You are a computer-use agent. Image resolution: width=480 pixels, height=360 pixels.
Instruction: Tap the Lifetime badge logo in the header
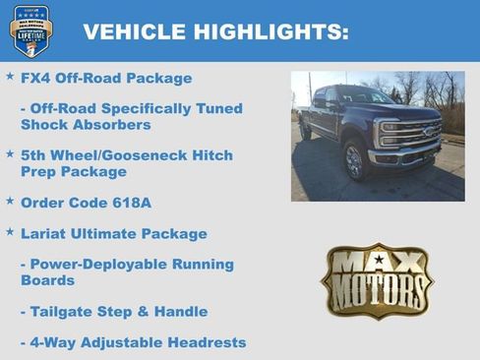(30, 30)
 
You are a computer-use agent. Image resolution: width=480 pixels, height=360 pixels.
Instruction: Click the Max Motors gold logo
(377, 280)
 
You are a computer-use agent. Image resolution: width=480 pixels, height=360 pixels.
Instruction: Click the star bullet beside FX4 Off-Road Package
(10, 76)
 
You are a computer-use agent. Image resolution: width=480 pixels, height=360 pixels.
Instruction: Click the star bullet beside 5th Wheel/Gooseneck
(10, 154)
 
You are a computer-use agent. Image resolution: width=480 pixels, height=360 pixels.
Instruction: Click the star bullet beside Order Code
(10, 201)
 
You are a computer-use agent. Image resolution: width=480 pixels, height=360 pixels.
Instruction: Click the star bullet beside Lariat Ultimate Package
(10, 232)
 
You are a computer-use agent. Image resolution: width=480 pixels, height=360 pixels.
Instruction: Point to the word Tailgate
(61, 311)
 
